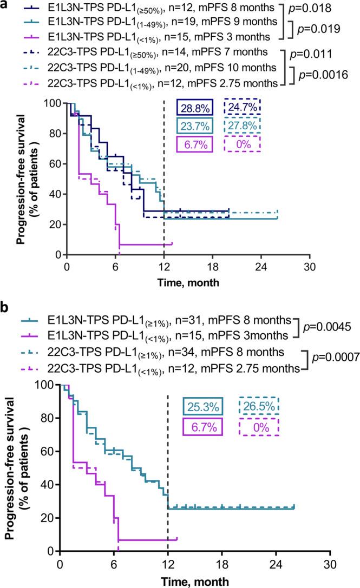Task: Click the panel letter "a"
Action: pyautogui.click(x=5, y=5)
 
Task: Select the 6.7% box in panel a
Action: pyautogui.click(x=194, y=146)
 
